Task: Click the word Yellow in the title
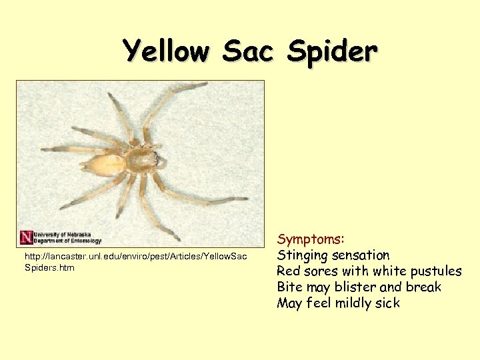point(166,51)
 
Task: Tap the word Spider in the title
point(333,51)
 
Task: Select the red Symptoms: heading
point(311,239)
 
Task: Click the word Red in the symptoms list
point(289,271)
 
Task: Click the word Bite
point(290,287)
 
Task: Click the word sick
point(386,303)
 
